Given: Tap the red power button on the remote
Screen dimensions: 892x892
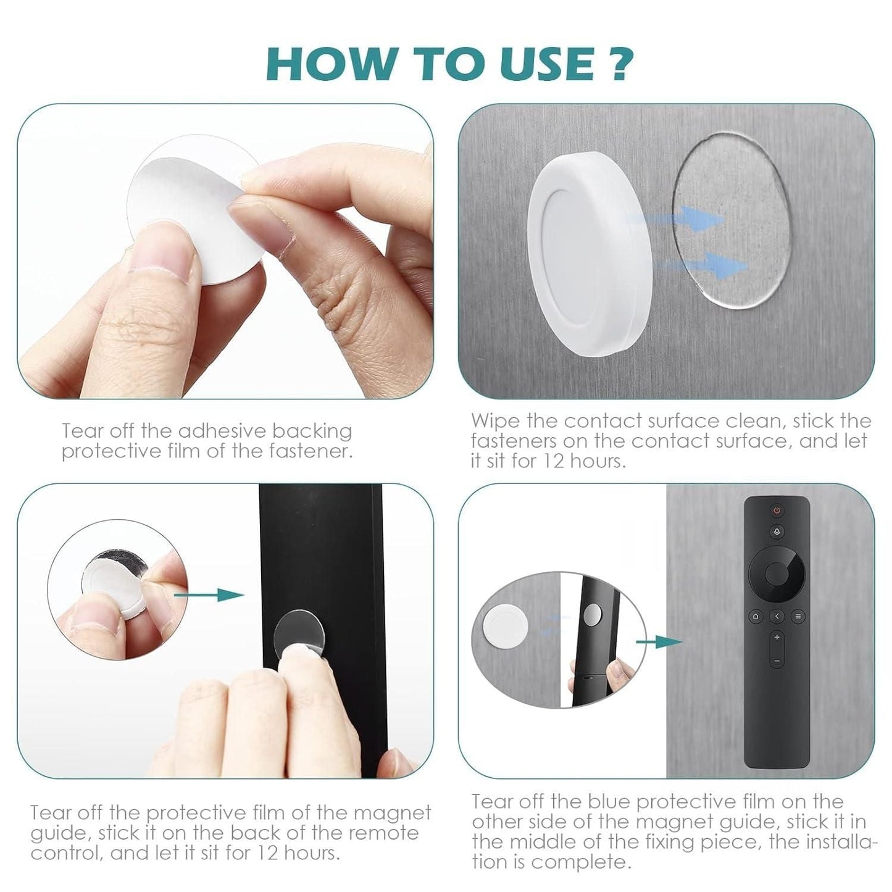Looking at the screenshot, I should click(x=776, y=511).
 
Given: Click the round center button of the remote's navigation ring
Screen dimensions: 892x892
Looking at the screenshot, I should click(x=776, y=574).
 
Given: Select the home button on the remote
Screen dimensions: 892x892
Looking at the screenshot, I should click(x=755, y=615).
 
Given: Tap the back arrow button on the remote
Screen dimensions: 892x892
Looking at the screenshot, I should click(x=777, y=615).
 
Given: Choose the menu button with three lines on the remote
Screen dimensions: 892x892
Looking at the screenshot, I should click(x=798, y=615).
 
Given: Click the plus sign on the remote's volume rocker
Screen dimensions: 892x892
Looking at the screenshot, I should click(x=777, y=637).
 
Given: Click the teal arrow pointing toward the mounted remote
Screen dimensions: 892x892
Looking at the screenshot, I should click(x=659, y=642).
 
